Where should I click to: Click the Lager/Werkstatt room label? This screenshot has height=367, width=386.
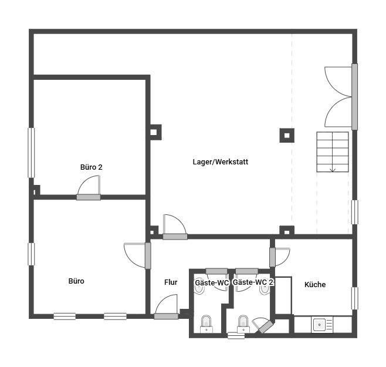pos(221,162)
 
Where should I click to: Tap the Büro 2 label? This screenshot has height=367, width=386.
pos(91,167)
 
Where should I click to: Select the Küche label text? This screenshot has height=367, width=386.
pos(315,284)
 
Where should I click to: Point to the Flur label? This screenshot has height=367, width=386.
pos(171,282)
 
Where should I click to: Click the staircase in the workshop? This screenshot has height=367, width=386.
pos(333,152)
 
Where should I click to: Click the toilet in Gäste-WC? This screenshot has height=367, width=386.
pos(206,324)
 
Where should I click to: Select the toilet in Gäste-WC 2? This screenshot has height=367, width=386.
pos(243,324)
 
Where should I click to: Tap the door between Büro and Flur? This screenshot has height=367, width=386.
pos(137,255)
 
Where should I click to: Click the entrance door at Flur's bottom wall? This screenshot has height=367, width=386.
pos(166,307)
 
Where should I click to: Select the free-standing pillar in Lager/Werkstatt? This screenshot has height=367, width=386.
pos(287,135)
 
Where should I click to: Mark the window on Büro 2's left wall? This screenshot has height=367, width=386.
pos(31,153)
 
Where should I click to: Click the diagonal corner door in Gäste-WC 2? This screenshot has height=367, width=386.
pos(263,325)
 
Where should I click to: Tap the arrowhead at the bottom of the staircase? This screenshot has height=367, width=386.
pos(333,170)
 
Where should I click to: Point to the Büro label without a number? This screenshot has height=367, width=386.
pos(76,281)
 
